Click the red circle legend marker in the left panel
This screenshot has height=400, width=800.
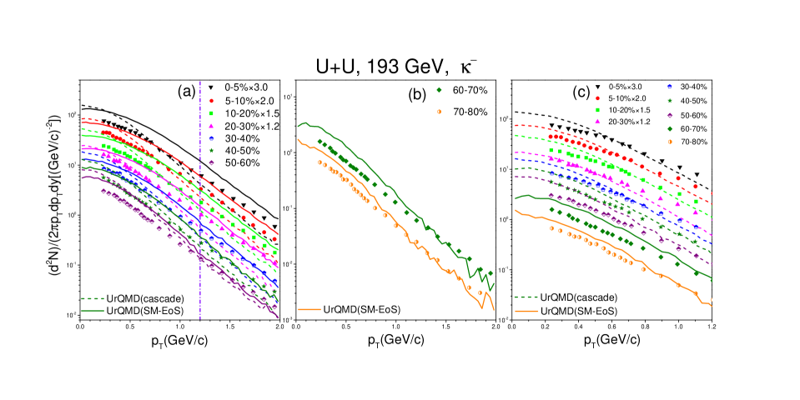[211, 101]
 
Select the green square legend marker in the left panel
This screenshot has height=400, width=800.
[211, 113]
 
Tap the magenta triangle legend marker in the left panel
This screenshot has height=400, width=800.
[211, 126]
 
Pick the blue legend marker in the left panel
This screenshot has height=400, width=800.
[211, 138]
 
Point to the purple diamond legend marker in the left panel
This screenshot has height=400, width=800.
[211, 162]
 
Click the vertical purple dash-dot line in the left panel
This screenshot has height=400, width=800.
[200, 250]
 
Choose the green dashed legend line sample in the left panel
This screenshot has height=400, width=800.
[93, 298]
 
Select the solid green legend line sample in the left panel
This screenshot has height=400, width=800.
[93, 311]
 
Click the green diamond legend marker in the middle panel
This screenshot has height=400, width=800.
[439, 90]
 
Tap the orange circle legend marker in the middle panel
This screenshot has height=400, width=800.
[439, 112]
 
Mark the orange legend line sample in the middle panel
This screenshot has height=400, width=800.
[309, 309]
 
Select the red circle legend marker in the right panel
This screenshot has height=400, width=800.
[597, 98]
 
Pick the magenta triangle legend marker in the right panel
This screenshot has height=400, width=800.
[597, 121]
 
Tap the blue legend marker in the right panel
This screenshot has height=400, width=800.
[669, 87]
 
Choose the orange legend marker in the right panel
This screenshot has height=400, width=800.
[669, 142]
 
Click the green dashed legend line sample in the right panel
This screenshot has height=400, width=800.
[526, 297]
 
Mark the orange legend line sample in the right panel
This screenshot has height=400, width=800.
[526, 311]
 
